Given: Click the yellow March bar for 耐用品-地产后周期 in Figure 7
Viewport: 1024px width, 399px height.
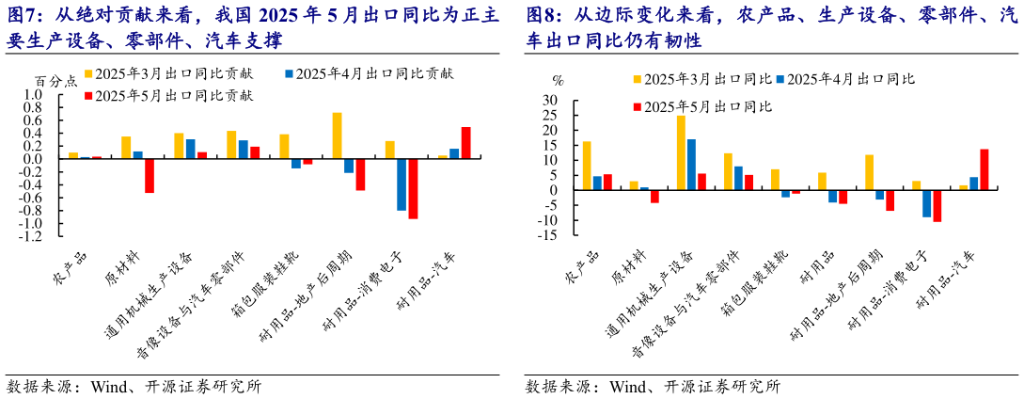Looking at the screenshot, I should click(x=337, y=136).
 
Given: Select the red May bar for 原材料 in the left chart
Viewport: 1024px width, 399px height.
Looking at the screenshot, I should click(x=149, y=175).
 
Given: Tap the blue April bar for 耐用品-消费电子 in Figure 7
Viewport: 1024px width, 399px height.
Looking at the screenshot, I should click(x=402, y=184).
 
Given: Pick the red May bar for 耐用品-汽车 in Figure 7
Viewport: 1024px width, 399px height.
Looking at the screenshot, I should click(x=465, y=143).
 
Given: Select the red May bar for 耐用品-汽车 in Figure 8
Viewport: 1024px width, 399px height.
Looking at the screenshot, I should click(x=985, y=169).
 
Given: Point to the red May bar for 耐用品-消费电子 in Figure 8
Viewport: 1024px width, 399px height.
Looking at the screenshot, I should click(x=937, y=206).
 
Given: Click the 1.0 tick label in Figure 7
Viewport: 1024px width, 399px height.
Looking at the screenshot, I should click(x=34, y=94).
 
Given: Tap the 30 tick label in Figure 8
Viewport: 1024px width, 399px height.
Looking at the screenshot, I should click(x=552, y=100).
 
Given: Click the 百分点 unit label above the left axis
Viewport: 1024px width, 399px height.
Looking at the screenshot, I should click(x=56, y=81).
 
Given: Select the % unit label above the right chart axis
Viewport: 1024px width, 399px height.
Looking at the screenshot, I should click(x=558, y=80).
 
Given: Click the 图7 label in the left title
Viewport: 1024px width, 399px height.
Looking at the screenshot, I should click(x=24, y=15).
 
